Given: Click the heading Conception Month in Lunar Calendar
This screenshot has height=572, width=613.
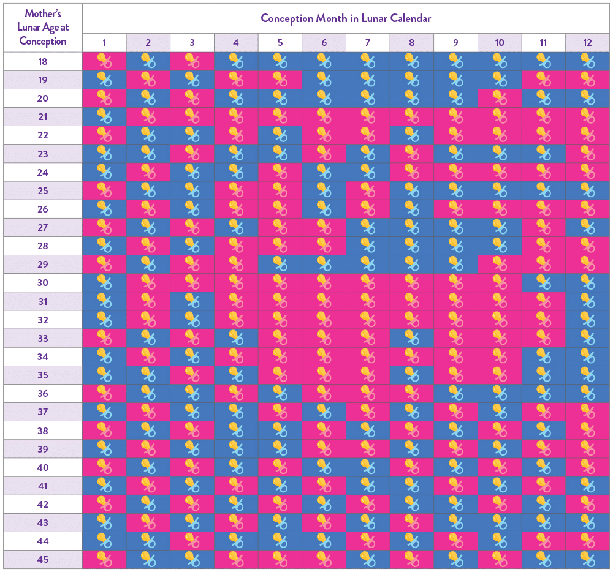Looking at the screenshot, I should click(x=346, y=18).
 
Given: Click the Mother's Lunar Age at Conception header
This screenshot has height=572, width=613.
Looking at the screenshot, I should click(x=42, y=28).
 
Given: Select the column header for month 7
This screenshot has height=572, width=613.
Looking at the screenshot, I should click(x=368, y=43).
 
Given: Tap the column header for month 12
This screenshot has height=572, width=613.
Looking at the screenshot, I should click(x=587, y=43).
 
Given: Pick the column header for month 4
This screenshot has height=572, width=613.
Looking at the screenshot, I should click(x=236, y=43).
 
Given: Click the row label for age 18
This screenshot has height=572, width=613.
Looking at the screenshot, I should click(x=42, y=61).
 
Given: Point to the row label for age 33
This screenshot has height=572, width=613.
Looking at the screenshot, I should click(x=42, y=338).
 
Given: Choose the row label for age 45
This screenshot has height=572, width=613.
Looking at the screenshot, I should click(x=42, y=560).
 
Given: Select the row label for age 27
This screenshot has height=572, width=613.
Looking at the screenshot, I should click(x=42, y=227).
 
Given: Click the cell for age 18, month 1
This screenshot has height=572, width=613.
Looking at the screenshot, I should click(x=104, y=61).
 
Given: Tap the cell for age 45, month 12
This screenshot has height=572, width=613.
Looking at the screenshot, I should click(x=587, y=560).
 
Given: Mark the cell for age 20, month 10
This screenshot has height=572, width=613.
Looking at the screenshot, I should click(x=500, y=98).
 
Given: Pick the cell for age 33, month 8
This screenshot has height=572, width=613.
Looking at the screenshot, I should click(x=412, y=338).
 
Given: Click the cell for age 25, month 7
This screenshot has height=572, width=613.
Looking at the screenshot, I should click(x=368, y=190).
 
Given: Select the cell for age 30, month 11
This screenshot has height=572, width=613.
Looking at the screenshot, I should click(x=544, y=283).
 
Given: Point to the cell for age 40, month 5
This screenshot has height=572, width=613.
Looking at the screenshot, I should click(x=280, y=467).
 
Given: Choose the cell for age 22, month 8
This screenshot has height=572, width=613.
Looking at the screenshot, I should click(x=412, y=135).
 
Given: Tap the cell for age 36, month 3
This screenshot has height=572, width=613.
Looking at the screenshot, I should click(x=192, y=394).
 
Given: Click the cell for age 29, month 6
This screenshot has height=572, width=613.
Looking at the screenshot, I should click(x=324, y=265).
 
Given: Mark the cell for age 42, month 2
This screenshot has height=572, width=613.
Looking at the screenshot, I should click(x=148, y=505).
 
